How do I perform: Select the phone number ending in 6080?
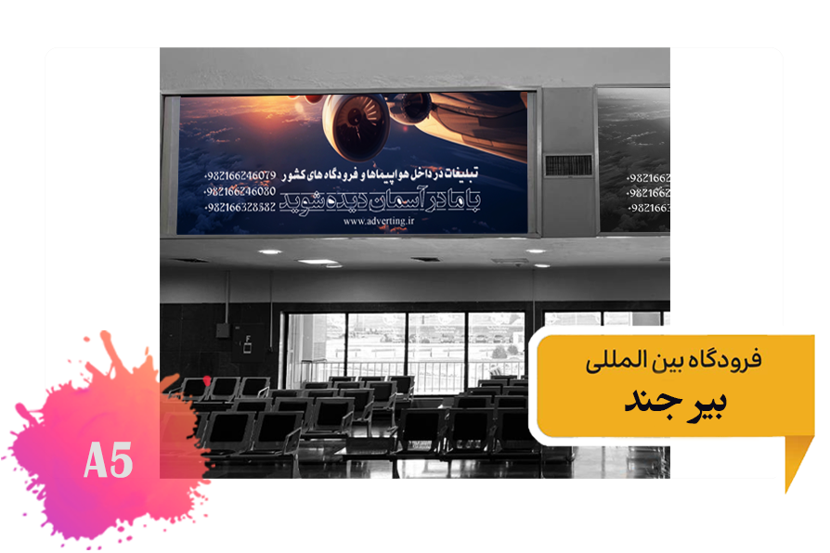tap(240, 190)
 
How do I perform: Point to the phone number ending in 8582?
tap(240, 206)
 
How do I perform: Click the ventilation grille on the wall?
tap(568, 165)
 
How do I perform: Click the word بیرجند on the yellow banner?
tap(675, 400)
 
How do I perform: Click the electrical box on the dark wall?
tap(223, 328)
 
